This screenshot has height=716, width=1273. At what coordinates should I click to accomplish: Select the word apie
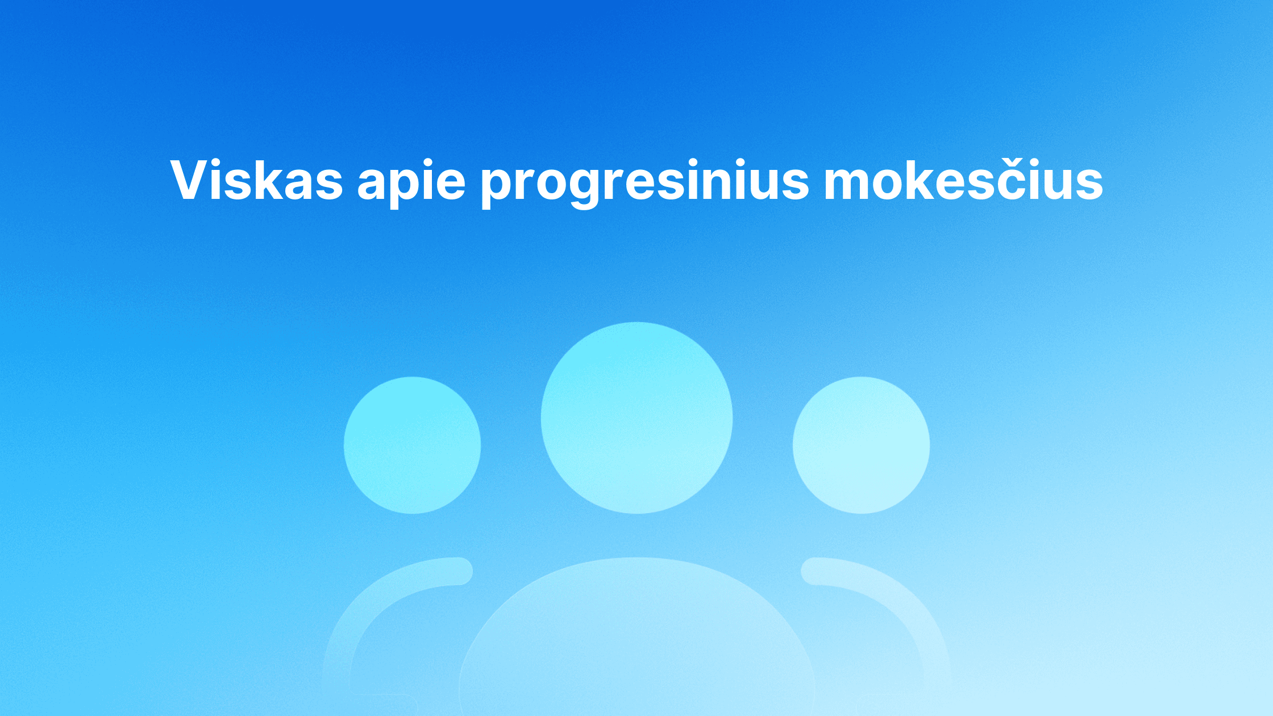point(412,182)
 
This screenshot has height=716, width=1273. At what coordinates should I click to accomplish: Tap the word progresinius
point(645,182)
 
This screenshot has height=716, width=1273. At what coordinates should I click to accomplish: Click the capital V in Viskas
point(192,180)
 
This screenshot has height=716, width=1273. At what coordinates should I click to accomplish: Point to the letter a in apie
point(373,185)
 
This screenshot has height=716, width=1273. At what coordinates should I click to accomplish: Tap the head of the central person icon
point(636,418)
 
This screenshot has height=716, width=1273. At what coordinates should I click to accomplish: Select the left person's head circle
point(412,445)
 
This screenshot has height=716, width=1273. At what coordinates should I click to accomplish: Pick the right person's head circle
point(861,445)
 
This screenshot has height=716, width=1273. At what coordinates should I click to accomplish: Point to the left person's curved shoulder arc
point(364,602)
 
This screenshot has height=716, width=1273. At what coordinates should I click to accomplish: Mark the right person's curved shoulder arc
point(909,602)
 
